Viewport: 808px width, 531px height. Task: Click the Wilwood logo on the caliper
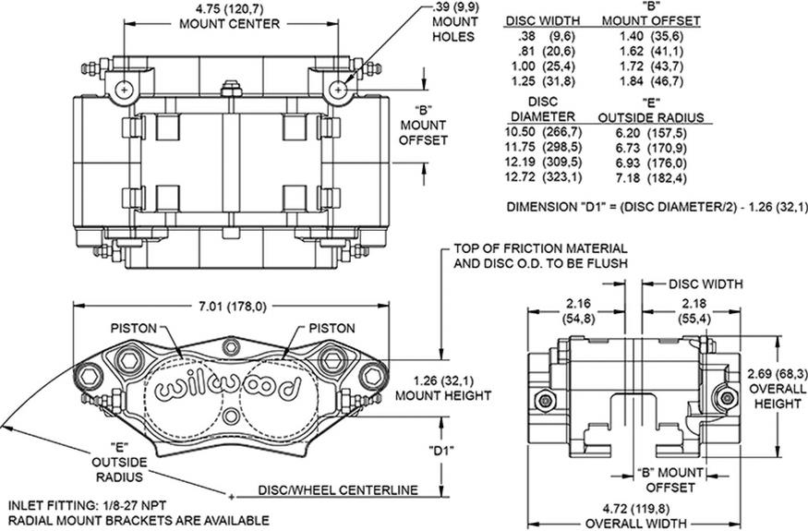pyautogui.click(x=228, y=388)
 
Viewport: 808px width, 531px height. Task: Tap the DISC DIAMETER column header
pyautogui.click(x=543, y=109)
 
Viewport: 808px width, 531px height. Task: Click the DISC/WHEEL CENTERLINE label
pyautogui.click(x=338, y=490)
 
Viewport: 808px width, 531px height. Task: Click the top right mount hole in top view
pyautogui.click(x=340, y=89)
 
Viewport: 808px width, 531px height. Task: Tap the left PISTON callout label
pyautogui.click(x=137, y=328)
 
